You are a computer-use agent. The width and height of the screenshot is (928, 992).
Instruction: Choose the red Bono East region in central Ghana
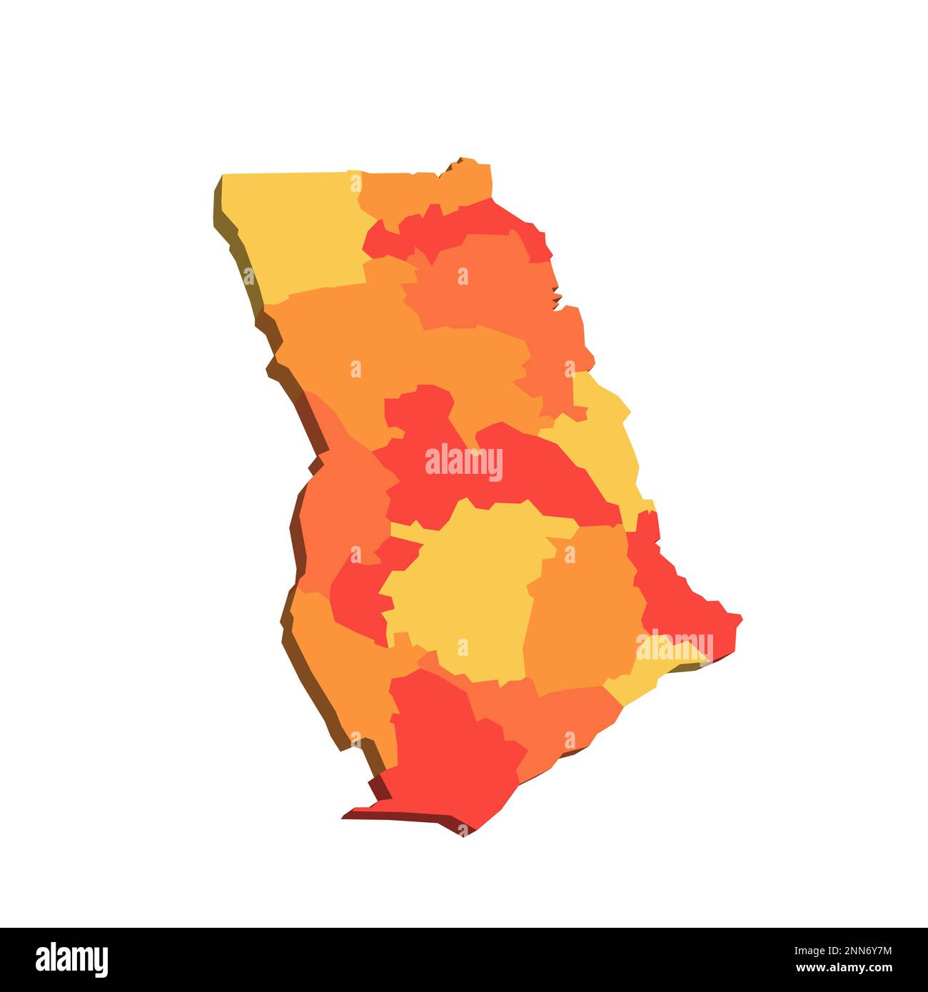tap(528, 471)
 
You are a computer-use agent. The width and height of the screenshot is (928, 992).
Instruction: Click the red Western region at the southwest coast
tap(450, 756)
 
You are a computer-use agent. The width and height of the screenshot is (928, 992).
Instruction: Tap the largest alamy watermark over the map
tap(464, 463)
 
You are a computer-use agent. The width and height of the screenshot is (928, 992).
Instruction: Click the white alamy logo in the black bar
tap(71, 960)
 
